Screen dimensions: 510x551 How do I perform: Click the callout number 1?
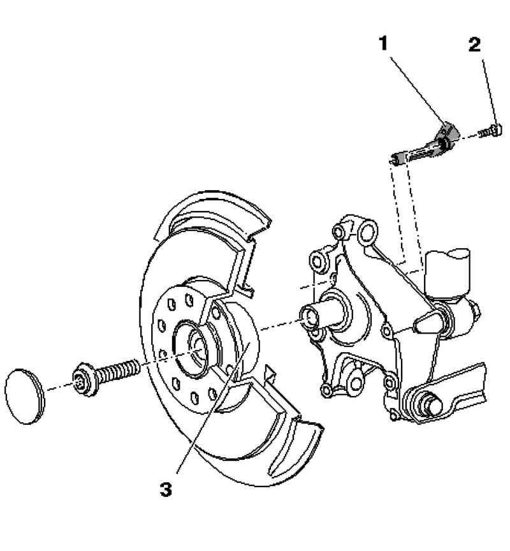pyautogui.click(x=384, y=44)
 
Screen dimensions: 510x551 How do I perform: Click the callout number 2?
pyautogui.click(x=474, y=45)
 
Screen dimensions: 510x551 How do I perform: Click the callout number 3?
pyautogui.click(x=166, y=489)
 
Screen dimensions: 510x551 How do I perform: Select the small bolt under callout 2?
pyautogui.click(x=490, y=131)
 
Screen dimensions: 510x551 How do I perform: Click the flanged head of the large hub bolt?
pyautogui.click(x=85, y=380)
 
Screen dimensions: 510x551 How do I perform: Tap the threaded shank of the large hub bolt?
pyautogui.click(x=118, y=371)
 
